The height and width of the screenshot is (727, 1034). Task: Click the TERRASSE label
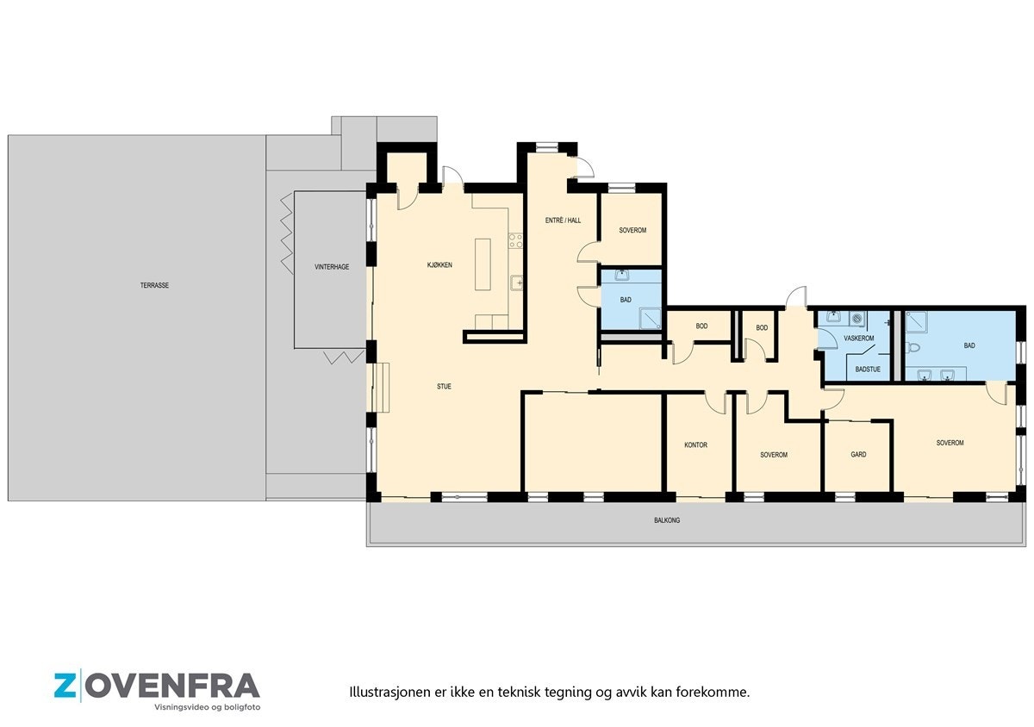(155, 285)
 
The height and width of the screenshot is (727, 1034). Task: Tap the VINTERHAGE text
(332, 267)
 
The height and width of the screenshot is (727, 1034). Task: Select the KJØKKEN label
(439, 264)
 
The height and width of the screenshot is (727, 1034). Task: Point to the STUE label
(444, 387)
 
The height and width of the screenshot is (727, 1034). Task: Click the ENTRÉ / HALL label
(563, 221)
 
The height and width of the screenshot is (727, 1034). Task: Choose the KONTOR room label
(695, 445)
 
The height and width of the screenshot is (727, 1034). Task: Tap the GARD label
(858, 454)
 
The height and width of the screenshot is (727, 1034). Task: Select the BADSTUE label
(868, 370)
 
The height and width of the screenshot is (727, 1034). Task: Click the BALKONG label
(666, 520)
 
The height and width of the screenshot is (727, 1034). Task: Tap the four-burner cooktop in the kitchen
(516, 240)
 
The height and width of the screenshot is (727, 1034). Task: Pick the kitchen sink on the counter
(516, 282)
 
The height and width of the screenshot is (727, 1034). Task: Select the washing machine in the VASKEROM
(856, 319)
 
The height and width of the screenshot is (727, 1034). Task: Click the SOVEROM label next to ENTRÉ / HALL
(632, 231)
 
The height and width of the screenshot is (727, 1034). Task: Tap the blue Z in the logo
(65, 687)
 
